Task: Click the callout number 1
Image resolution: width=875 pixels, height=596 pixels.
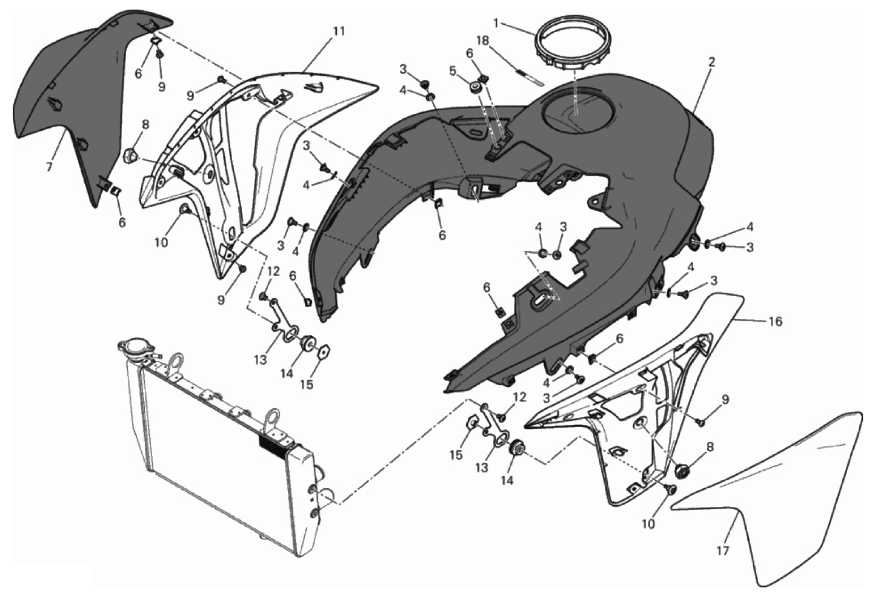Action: (x=496, y=24)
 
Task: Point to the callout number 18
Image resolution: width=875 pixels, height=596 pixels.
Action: (x=482, y=41)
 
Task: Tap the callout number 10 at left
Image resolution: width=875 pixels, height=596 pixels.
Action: (x=161, y=242)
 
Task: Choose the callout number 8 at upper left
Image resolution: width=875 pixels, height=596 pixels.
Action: (x=145, y=125)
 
